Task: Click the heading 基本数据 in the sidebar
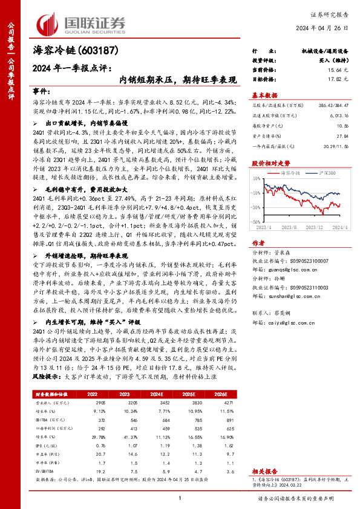point(264,95)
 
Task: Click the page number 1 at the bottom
point(180,497)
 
